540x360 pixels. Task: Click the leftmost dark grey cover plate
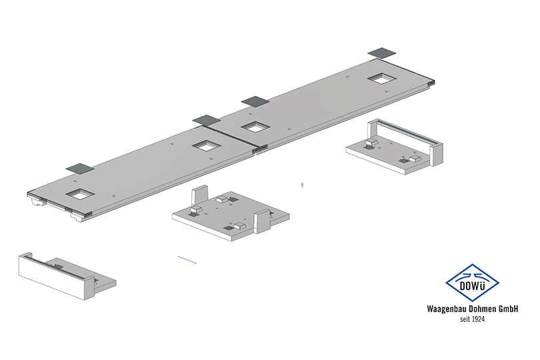(x=80, y=169)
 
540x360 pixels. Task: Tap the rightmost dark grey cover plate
(x=381, y=53)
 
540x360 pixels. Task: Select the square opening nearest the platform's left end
(x=80, y=194)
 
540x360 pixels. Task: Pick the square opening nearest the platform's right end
(x=381, y=79)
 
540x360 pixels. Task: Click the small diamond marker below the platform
(x=302, y=185)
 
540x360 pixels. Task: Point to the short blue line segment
(x=187, y=260)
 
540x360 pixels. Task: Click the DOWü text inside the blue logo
(x=472, y=286)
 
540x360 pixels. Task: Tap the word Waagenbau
(x=443, y=309)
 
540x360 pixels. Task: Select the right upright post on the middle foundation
(x=262, y=221)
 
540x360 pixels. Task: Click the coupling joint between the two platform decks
(x=259, y=149)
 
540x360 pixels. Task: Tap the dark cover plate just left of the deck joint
(x=206, y=120)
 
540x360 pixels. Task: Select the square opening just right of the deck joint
(x=255, y=127)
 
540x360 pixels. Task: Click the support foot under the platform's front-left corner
(x=78, y=218)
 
